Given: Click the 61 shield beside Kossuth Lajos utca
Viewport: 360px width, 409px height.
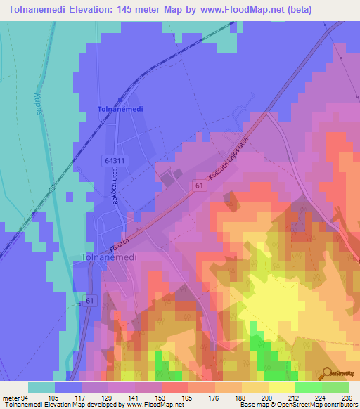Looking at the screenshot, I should click(x=200, y=184).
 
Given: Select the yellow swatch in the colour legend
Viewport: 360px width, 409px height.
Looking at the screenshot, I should click(x=282, y=387).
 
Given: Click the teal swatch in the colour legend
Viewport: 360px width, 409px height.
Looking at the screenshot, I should click(x=41, y=387).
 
